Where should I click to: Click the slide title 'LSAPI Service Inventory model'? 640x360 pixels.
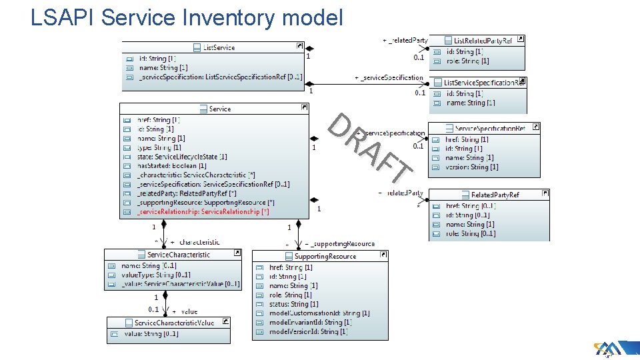coord(187,17)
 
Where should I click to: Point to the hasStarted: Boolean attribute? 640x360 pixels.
coord(171,166)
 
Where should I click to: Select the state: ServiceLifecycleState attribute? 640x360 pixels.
coord(182,157)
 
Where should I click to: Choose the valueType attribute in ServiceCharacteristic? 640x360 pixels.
coord(156,275)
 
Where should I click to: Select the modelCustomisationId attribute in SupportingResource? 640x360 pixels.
coord(319,313)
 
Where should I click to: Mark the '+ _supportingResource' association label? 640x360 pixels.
coord(340,244)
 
